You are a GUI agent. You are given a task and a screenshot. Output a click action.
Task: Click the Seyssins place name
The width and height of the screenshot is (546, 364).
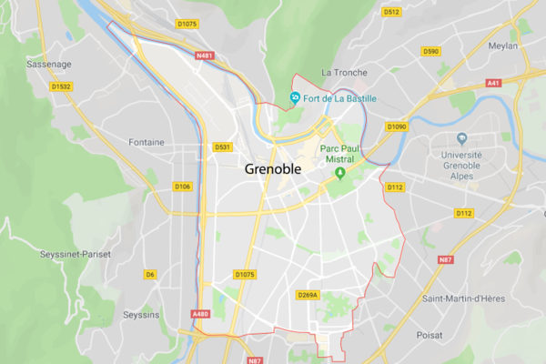pyautogui.click(x=141, y=315)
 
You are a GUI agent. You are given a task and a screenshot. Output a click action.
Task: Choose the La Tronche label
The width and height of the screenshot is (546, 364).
pyautogui.click(x=345, y=72)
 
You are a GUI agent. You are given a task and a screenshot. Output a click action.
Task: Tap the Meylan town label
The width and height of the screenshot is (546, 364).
pyautogui.click(x=501, y=45)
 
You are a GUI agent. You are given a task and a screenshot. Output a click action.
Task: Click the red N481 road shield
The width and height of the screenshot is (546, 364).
pyautogui.click(x=207, y=56)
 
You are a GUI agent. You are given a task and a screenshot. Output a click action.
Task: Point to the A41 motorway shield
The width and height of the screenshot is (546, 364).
pyautogui.click(x=493, y=83)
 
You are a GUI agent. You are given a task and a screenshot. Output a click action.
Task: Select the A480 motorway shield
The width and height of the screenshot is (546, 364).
pyautogui.click(x=200, y=314)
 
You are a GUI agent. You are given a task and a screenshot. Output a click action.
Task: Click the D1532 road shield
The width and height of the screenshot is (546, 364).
pyautogui.click(x=62, y=86)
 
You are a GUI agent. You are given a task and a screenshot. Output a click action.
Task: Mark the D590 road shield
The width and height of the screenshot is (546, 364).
pyautogui.click(x=431, y=52)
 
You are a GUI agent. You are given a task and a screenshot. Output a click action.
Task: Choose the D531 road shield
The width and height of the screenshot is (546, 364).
pyautogui.click(x=223, y=147)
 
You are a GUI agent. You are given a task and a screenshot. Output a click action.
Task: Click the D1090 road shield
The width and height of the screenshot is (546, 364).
pyautogui.click(x=396, y=126)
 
